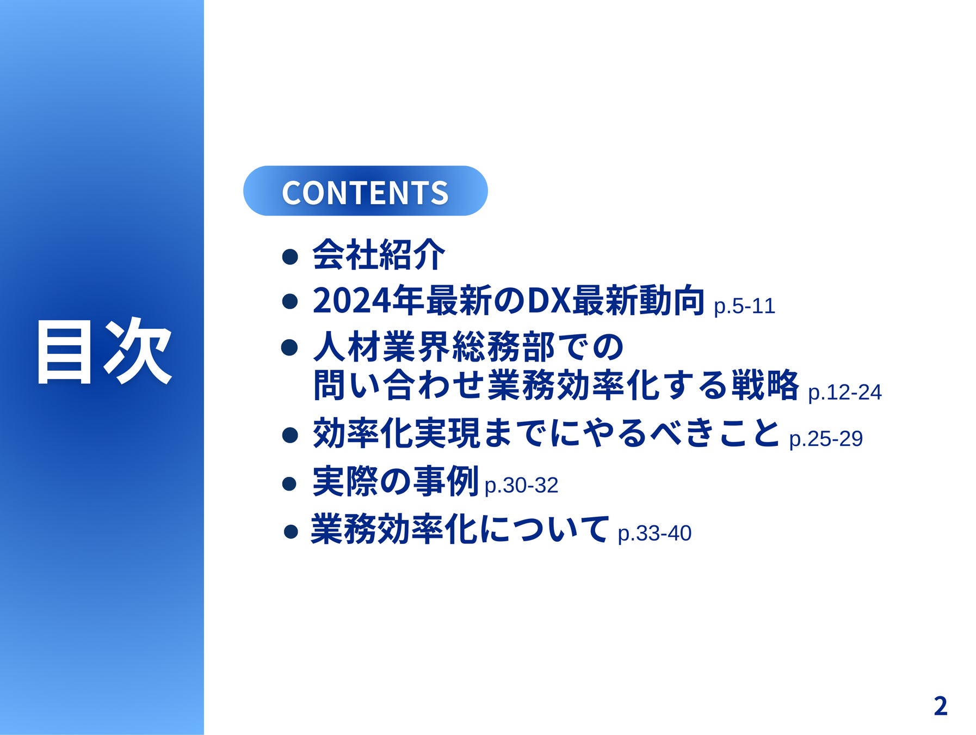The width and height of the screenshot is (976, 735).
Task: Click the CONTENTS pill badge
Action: (365, 191)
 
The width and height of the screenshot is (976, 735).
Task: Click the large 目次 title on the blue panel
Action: (104, 352)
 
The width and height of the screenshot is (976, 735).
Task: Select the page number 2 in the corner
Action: (940, 706)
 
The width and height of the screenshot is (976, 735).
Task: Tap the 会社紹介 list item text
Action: (379, 254)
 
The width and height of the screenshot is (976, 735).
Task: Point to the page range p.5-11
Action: (744, 306)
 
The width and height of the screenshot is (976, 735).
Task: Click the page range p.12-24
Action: (845, 392)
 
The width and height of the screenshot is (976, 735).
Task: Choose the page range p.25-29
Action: (826, 438)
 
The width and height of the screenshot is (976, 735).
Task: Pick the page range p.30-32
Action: (521, 485)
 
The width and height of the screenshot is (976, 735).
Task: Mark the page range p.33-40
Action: (654, 533)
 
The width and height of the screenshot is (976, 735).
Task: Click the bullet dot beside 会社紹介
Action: (291, 256)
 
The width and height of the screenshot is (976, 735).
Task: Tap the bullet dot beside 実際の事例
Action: (291, 483)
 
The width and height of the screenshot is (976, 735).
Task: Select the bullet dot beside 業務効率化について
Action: (291, 531)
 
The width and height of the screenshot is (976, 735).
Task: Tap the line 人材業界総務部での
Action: (468, 347)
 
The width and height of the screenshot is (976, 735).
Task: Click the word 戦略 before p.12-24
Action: (765, 385)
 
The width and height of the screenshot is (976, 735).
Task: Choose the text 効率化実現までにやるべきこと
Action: (547, 433)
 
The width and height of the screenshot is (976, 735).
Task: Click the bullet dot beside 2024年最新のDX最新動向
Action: (291, 301)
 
